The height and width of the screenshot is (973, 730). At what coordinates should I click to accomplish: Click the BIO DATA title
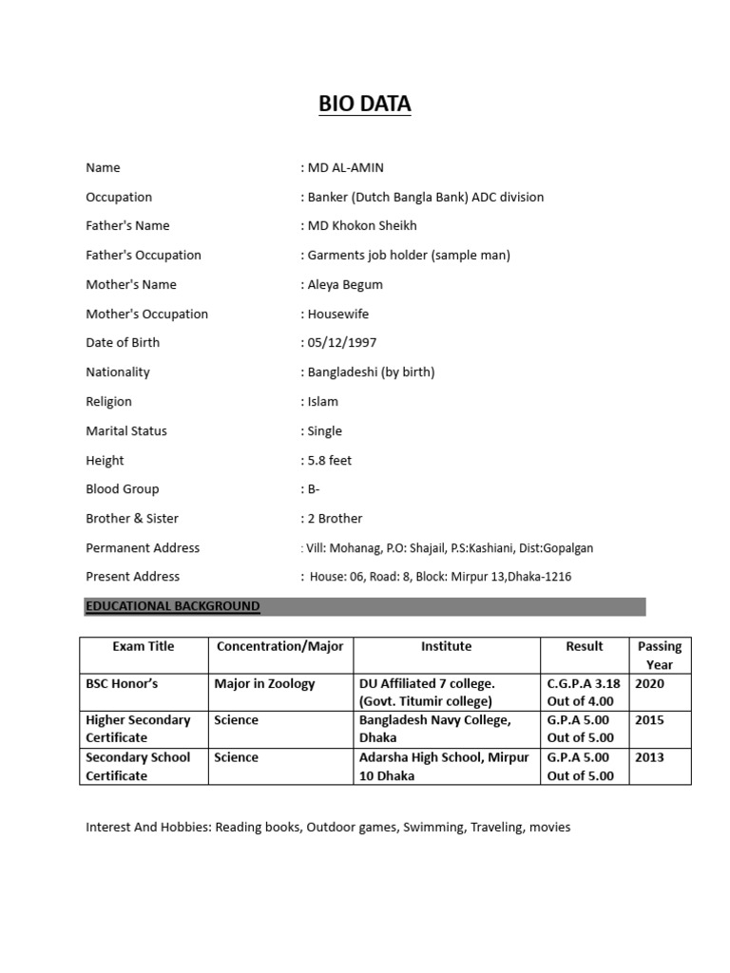(x=365, y=105)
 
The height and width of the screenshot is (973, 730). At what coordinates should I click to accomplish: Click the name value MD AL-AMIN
(x=345, y=168)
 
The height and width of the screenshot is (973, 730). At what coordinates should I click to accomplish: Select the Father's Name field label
(x=127, y=226)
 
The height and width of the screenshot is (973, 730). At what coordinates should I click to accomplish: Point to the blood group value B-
(x=313, y=489)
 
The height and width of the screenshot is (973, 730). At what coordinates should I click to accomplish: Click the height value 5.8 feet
(x=329, y=461)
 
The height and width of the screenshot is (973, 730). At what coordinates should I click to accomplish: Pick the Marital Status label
(x=126, y=431)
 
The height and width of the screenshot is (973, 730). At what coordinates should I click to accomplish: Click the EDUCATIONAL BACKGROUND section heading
(x=172, y=606)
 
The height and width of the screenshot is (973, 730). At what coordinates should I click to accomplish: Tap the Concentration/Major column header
(x=280, y=646)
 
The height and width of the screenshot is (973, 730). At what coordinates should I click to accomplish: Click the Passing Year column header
(x=660, y=656)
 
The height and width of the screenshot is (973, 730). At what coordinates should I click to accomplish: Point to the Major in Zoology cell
(x=264, y=683)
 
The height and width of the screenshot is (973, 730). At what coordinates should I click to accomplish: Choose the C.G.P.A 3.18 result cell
(x=584, y=692)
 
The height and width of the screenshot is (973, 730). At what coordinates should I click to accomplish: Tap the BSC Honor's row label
(x=122, y=683)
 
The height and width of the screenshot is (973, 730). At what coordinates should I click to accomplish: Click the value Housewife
(x=338, y=315)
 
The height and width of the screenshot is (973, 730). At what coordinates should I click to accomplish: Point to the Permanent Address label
(x=143, y=548)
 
